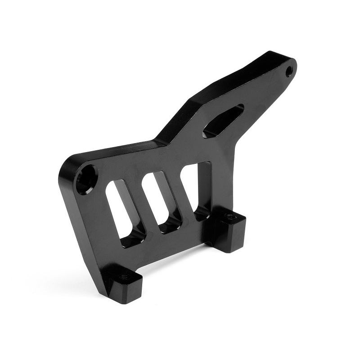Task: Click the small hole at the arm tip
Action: pyautogui.click(x=289, y=70)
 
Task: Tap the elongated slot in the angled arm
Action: pyautogui.click(x=223, y=121)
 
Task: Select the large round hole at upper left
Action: pyautogui.click(x=86, y=179)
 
